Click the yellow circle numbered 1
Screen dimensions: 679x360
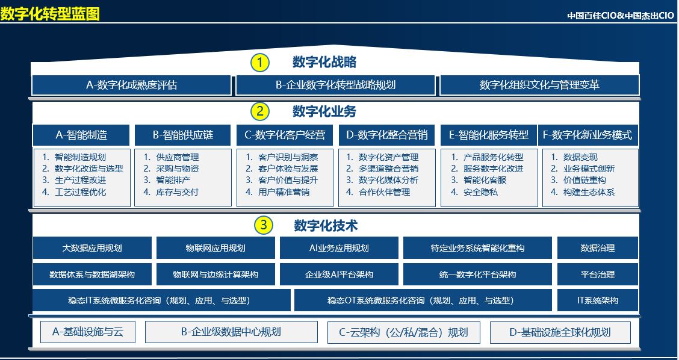coord(260,63)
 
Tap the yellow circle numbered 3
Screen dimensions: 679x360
coord(263,226)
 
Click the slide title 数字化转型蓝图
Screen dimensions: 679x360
coord(50,14)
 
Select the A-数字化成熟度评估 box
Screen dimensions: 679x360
coord(131,85)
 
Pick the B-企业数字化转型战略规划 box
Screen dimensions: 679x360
coord(335,85)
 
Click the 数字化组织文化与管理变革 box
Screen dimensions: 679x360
coord(539,85)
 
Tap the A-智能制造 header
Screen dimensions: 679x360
coord(81,135)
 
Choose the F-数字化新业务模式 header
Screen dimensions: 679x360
coord(588,135)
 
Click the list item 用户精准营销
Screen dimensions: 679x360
coord(278,192)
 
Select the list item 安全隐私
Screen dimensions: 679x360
coord(474,192)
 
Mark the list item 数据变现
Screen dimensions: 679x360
coord(574,157)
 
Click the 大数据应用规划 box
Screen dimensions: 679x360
coord(92,248)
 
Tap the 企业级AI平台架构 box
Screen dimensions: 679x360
coord(339,275)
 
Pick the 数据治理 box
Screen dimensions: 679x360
coord(598,248)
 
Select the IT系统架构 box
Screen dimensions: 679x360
coord(598,300)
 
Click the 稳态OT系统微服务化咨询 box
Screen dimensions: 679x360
coord(423,300)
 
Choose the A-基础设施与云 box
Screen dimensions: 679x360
coord(88,332)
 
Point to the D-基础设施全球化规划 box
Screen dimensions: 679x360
coord(560,332)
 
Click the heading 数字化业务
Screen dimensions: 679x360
coord(324,112)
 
